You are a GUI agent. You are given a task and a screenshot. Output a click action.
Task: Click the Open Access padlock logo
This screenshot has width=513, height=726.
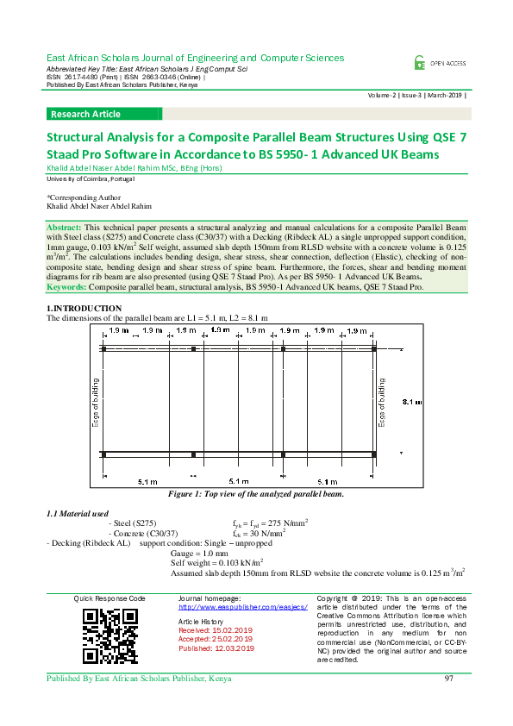420,62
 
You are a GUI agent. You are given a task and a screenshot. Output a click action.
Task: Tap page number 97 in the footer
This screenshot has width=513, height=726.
449,679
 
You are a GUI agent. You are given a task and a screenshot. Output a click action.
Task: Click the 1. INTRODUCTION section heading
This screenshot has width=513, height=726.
84,309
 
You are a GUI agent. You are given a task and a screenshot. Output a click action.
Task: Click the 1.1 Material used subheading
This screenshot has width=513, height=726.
78,514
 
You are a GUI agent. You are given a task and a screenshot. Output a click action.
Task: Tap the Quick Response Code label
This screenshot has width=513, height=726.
109,598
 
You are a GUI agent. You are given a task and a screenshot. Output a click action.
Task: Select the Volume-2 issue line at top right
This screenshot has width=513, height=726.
416,96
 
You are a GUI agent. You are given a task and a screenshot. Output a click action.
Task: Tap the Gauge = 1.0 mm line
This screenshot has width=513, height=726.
200,553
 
